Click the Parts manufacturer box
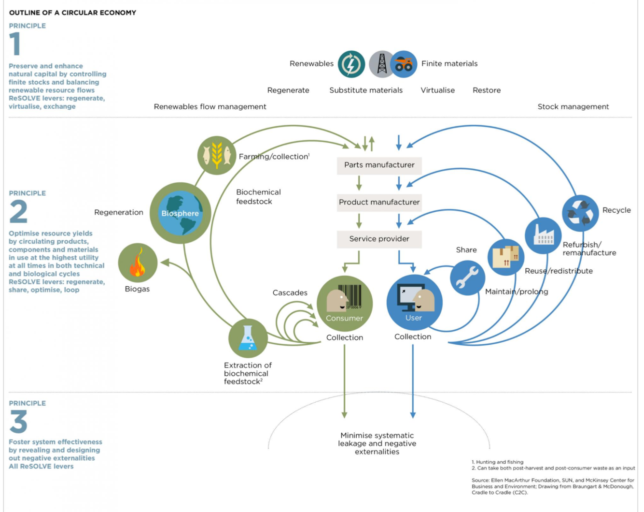[379, 165]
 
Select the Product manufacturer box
[379, 203]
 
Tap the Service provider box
[379, 239]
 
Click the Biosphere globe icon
[180, 213]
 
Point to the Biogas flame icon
[138, 263]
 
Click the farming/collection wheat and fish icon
[217, 155]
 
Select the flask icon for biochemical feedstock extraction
[248, 338]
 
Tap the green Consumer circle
[344, 304]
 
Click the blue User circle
[414, 303]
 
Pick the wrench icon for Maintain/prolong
[467, 278]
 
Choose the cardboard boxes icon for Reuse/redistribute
[505, 257]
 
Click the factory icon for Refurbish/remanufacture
[543, 236]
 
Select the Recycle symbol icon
[580, 213]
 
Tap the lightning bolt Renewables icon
[351, 64]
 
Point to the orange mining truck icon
[404, 64]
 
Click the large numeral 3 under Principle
[18, 422]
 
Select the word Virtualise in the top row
[437, 90]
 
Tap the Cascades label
[290, 293]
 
